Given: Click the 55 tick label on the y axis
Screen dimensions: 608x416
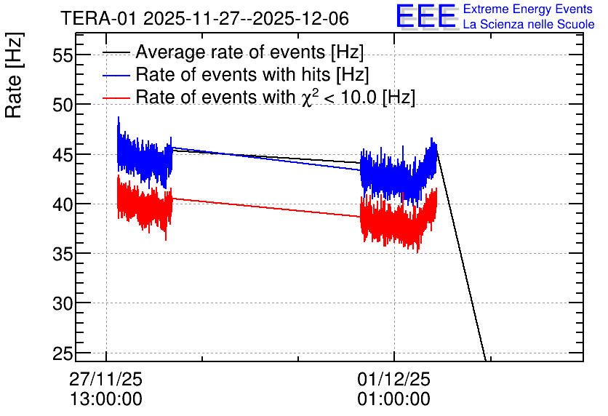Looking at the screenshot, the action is [x=63, y=55].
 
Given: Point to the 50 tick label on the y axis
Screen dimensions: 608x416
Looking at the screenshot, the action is [x=63, y=105].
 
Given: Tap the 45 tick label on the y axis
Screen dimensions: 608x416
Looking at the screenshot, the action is [x=63, y=155].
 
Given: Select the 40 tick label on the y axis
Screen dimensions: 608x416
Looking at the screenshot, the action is [x=63, y=204].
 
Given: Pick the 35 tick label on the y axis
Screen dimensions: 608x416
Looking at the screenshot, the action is [x=63, y=254].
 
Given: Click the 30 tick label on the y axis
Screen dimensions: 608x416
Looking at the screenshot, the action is [x=63, y=303].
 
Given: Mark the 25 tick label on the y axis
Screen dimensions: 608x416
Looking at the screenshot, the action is [x=63, y=353].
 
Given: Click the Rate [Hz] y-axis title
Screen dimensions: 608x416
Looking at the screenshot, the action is [x=14, y=75].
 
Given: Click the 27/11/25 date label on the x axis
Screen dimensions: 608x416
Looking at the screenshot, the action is [x=106, y=379].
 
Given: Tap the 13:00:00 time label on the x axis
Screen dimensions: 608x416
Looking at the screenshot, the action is [x=106, y=399].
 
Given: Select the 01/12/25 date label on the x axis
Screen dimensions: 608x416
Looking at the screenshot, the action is [x=394, y=379].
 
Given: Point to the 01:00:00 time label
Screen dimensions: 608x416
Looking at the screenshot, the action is [x=394, y=399].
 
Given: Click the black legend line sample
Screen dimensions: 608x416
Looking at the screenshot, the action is [x=116, y=52].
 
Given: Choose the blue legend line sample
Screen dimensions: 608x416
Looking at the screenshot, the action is [x=116, y=75].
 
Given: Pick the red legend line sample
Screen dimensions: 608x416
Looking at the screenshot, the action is [x=116, y=97].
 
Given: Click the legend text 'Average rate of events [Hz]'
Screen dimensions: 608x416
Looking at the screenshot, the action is [x=249, y=52].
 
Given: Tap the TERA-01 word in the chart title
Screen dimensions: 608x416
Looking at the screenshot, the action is [x=98, y=18].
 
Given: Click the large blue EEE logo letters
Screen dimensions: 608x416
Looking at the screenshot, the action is [x=425, y=16].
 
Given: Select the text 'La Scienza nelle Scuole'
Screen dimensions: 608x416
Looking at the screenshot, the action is [x=529, y=25].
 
